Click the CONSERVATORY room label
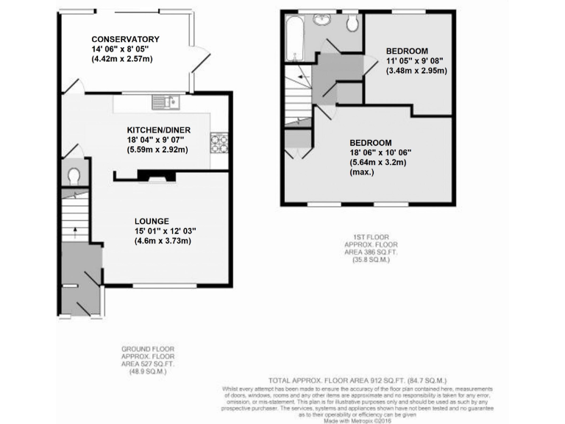(126, 40)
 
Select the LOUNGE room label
(152, 221)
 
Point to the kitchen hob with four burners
(219, 141)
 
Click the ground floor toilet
(74, 177)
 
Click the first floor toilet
(352, 24)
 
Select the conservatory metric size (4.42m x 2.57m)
(123, 59)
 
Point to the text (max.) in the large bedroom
(362, 173)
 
